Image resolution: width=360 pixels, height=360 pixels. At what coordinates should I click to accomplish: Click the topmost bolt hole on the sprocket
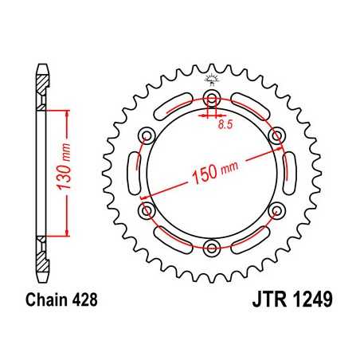(x=211, y=98)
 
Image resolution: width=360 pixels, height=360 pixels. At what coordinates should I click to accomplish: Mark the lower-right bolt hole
(x=276, y=209)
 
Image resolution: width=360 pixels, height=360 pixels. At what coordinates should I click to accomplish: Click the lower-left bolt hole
(x=146, y=209)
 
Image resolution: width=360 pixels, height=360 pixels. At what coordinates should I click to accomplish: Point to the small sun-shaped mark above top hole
(x=211, y=78)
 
